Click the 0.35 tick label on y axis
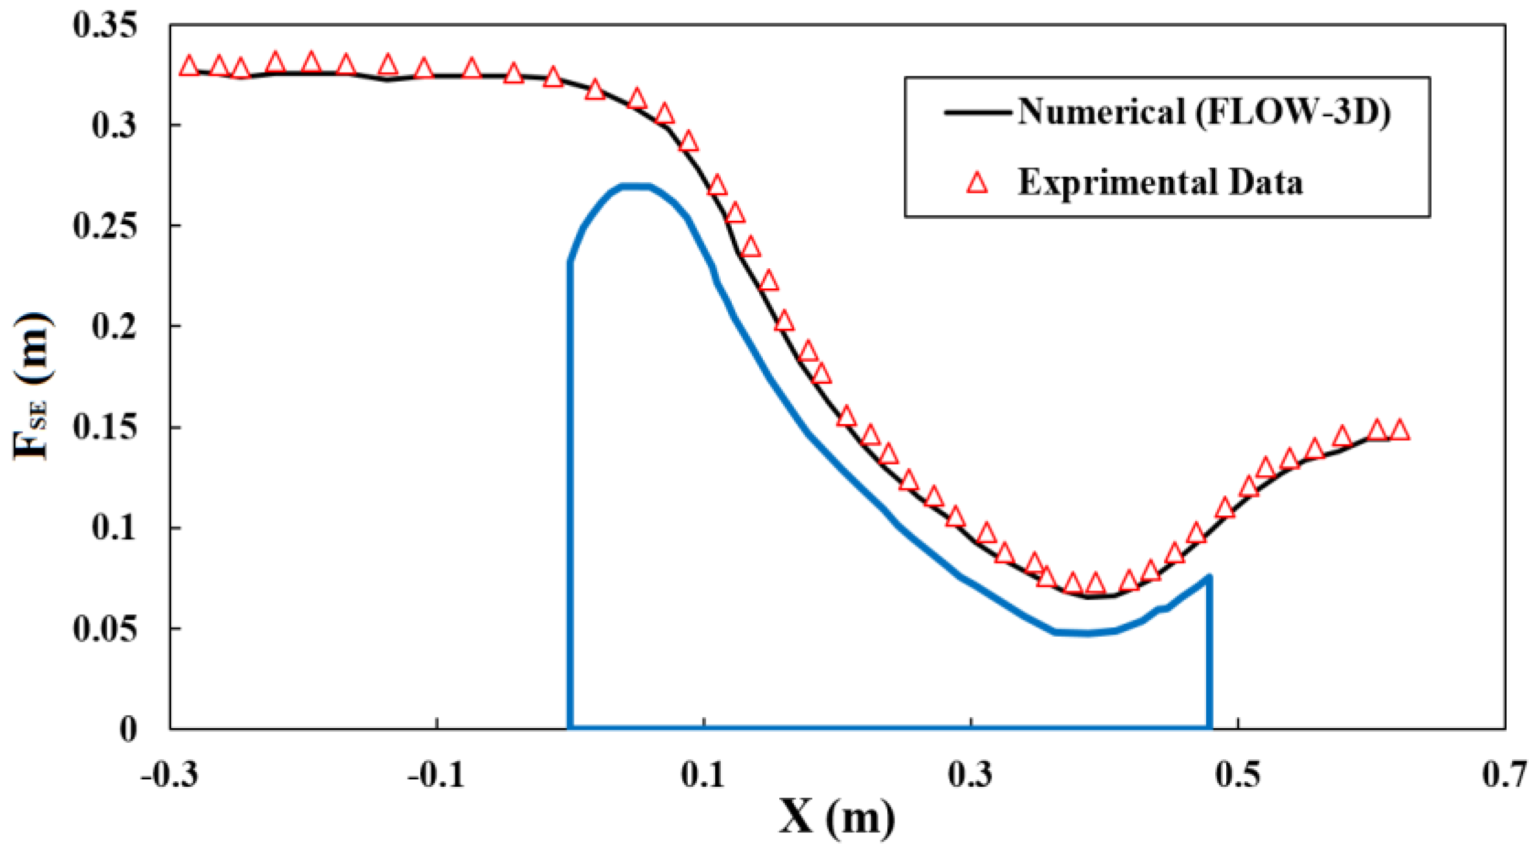coord(104,26)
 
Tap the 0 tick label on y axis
coord(128,729)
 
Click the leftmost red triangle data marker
coord(189,66)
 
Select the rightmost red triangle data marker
coord(1400,430)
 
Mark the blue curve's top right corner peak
coord(1209,576)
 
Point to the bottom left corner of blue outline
coord(570,727)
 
